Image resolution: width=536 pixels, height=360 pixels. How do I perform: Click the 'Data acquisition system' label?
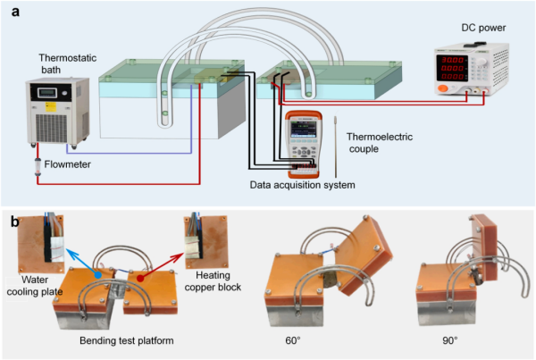tap(302, 185)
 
